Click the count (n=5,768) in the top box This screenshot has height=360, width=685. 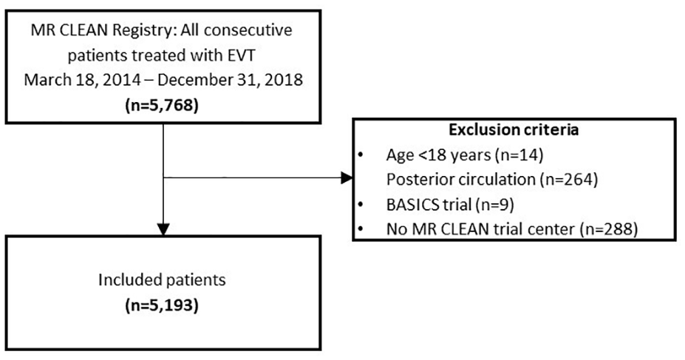[x=162, y=106]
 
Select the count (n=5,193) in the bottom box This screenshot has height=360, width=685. [x=162, y=305]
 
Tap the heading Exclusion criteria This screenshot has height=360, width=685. [x=514, y=130]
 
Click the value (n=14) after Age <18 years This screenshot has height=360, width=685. [x=519, y=154]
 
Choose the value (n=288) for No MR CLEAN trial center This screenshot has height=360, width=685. [x=609, y=229]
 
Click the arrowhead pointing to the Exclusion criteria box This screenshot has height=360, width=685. [x=347, y=177]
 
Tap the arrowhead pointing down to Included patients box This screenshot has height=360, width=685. [x=163, y=230]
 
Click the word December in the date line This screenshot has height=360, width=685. [x=190, y=81]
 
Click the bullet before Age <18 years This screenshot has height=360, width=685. [x=360, y=155]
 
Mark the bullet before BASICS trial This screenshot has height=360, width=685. [x=360, y=205]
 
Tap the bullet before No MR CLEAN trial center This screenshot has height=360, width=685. [x=360, y=229]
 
